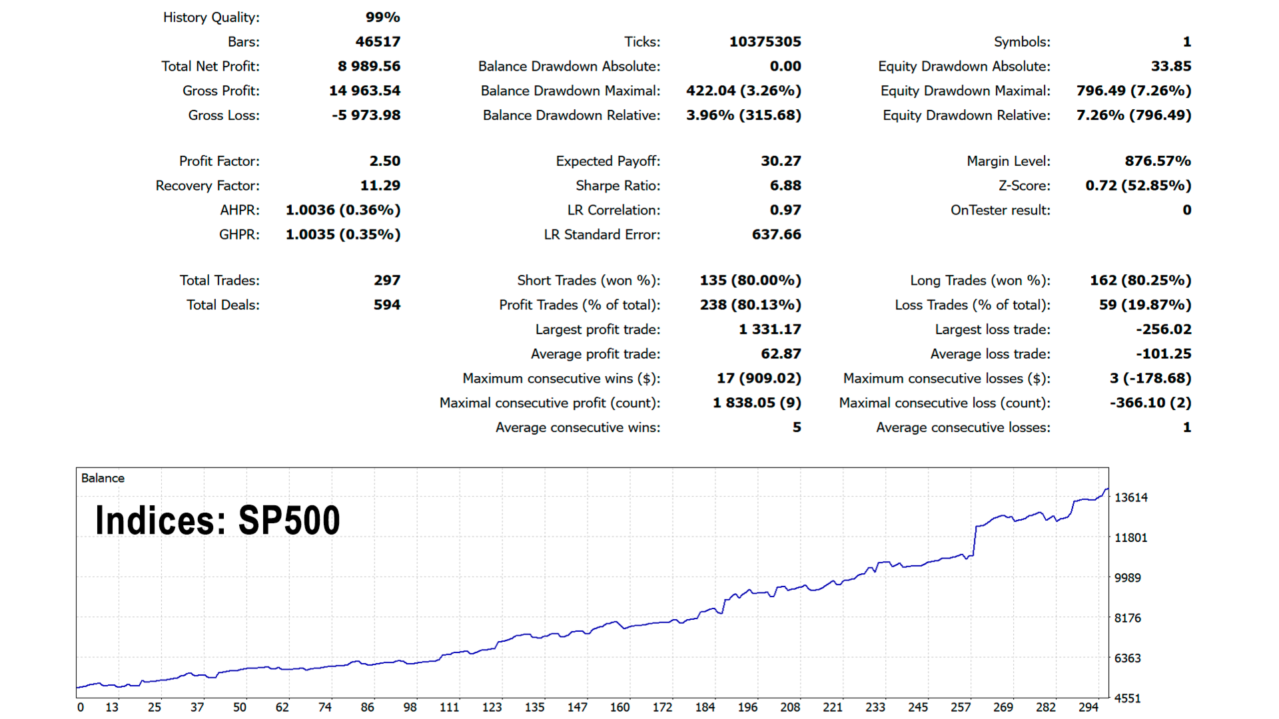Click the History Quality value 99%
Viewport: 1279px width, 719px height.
(382, 17)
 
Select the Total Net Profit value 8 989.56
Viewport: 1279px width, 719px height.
(369, 66)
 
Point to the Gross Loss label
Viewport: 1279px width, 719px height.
(223, 115)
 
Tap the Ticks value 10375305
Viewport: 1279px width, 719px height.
(765, 41)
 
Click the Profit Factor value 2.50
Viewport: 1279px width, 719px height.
(384, 161)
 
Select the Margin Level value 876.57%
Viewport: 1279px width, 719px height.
(1157, 161)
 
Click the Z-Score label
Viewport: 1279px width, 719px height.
(1024, 186)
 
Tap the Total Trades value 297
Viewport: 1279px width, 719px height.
(386, 280)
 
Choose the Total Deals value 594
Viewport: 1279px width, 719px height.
(386, 305)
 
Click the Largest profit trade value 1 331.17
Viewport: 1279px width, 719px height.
(769, 330)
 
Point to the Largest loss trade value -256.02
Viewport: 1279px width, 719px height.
(1163, 330)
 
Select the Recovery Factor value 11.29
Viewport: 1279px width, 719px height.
(380, 186)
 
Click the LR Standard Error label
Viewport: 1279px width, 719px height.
(602, 234)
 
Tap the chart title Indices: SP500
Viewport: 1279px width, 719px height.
(218, 520)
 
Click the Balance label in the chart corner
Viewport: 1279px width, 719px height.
(103, 478)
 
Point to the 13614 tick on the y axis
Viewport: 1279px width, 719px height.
(1130, 497)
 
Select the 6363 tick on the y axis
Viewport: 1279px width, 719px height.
(1127, 658)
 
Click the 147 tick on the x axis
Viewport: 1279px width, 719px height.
(577, 707)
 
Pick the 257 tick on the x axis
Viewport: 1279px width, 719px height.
(960, 707)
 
